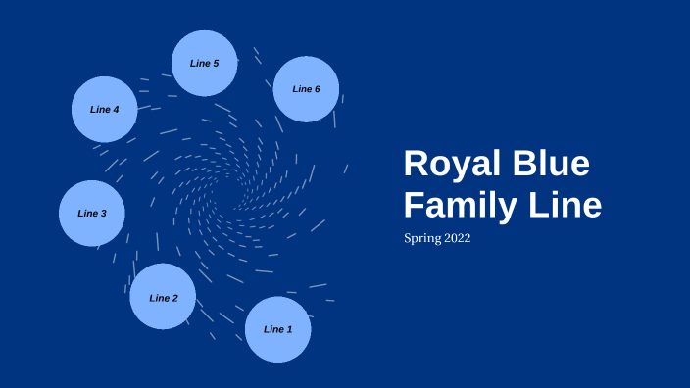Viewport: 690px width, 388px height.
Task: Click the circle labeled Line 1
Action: [277, 329]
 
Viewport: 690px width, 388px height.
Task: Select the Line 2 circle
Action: [163, 297]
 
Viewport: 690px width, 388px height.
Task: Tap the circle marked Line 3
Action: [91, 213]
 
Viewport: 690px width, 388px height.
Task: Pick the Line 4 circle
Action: [104, 109]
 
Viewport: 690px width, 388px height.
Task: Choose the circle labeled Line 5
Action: [204, 63]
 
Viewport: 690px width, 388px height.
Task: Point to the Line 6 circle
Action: [306, 89]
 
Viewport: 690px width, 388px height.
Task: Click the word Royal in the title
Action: [450, 164]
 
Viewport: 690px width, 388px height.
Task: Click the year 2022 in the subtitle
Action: [456, 238]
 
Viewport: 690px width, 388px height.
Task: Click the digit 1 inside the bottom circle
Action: [289, 329]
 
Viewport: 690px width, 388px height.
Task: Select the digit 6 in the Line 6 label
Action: [318, 89]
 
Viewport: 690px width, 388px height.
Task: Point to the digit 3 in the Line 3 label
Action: [103, 213]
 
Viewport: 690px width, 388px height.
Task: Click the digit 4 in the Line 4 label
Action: [116, 109]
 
